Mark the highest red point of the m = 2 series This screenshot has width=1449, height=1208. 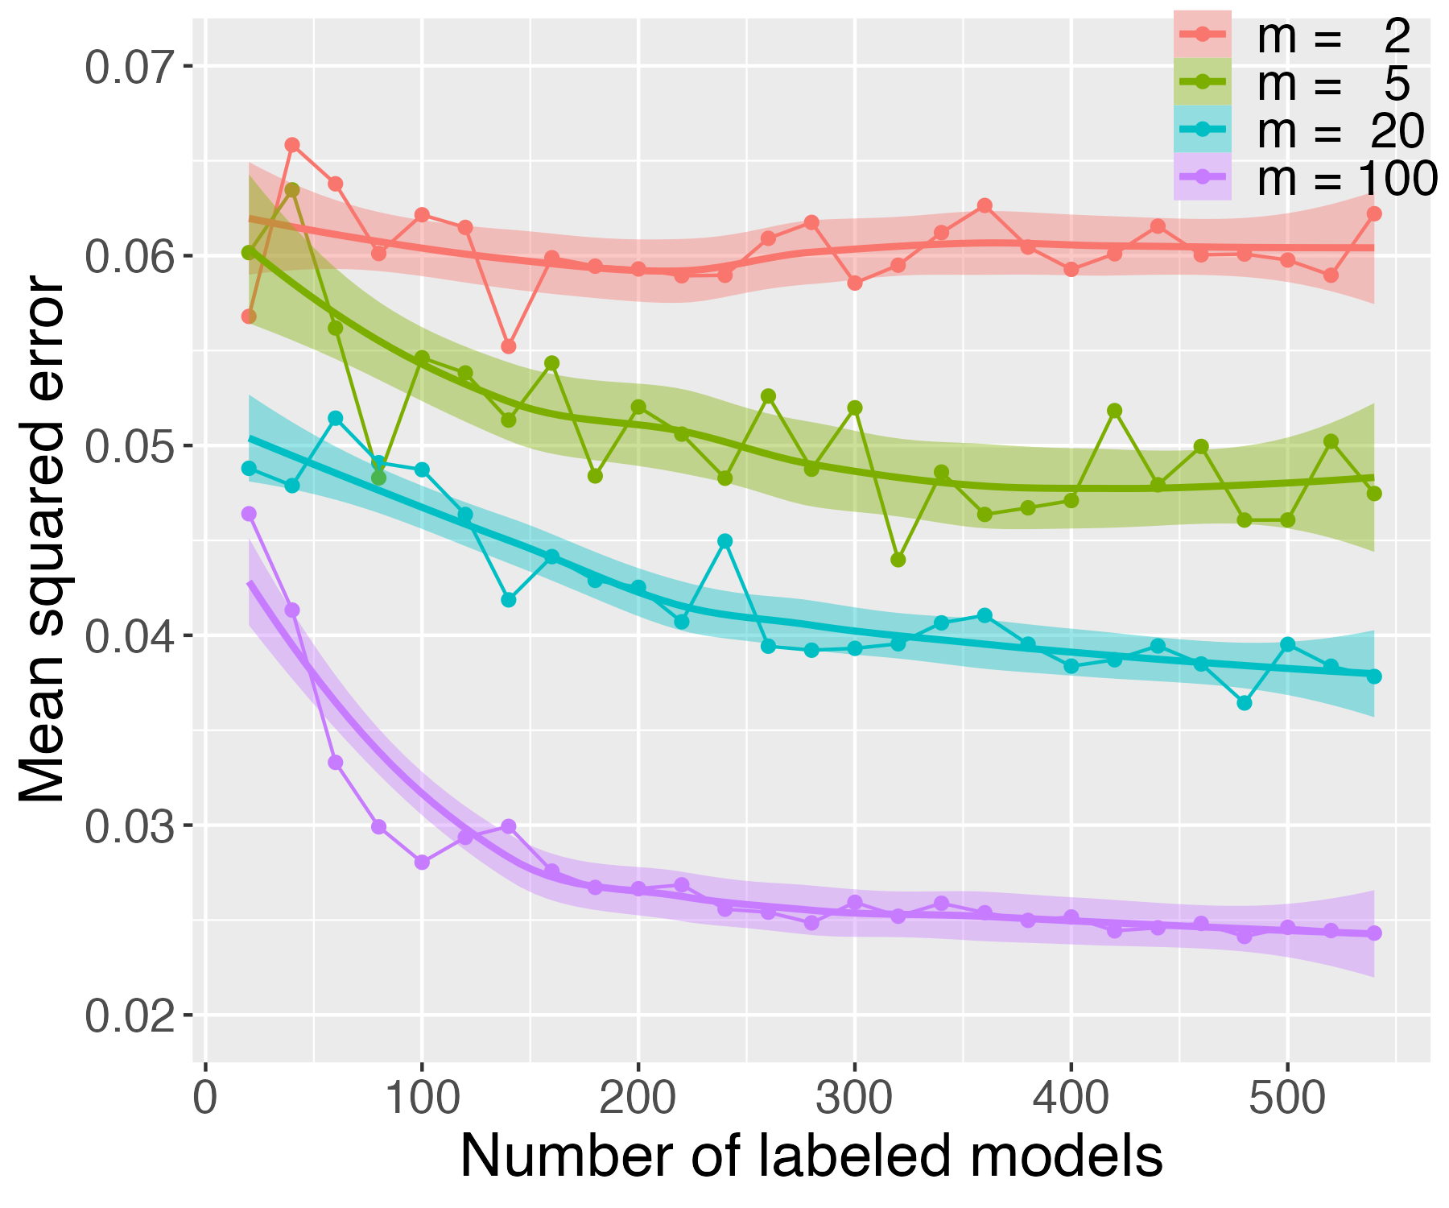click(292, 145)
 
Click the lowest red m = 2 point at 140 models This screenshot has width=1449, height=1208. click(508, 346)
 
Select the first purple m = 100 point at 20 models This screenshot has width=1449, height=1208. click(249, 514)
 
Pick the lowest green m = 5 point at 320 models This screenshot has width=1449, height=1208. click(898, 560)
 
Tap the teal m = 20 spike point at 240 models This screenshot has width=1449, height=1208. click(724, 541)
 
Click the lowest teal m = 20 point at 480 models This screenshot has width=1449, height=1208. click(1245, 703)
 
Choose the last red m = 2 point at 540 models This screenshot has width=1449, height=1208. click(1374, 213)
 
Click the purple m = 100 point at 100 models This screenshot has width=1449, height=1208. click(422, 862)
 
